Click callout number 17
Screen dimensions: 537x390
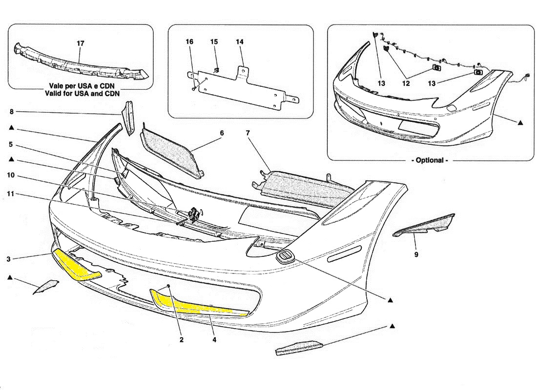pyautogui.click(x=81, y=43)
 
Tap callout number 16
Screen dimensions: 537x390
pyautogui.click(x=189, y=42)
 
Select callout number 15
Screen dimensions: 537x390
pyautogui.click(x=214, y=42)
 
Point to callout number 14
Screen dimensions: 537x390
pyautogui.click(x=240, y=42)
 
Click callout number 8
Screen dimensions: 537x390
pyautogui.click(x=11, y=112)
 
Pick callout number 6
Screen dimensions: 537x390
pyautogui.click(x=222, y=133)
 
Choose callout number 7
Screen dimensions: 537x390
pyautogui.click(x=248, y=133)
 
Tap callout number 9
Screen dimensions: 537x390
pyautogui.click(x=416, y=254)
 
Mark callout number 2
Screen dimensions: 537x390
pyautogui.click(x=182, y=340)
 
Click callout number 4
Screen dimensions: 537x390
pyautogui.click(x=214, y=340)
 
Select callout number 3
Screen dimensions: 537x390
pyautogui.click(x=9, y=259)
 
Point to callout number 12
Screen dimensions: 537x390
pyautogui.click(x=406, y=83)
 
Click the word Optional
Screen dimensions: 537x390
pyautogui.click(x=430, y=160)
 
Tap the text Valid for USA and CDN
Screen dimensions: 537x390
pyautogui.click(x=82, y=94)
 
